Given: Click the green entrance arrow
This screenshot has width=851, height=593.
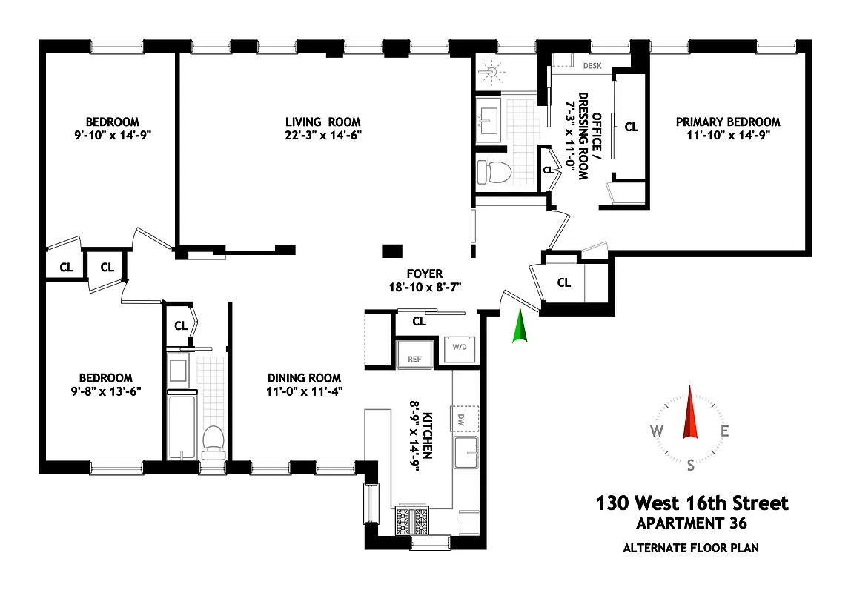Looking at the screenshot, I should coord(520,328).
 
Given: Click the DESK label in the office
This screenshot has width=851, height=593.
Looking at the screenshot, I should coord(592,66).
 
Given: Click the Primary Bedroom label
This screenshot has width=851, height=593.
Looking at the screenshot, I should coord(727,122).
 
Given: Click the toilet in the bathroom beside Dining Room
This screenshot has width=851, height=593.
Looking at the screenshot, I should coord(213,439).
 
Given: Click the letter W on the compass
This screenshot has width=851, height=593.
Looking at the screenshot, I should coord(657,431).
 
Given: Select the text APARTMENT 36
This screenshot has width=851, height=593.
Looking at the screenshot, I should coord(691,523).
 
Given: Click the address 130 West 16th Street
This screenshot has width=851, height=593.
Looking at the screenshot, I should coord(692,503).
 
